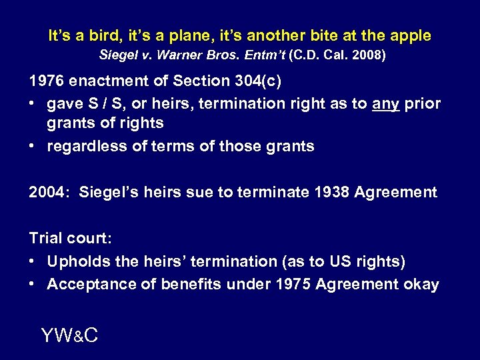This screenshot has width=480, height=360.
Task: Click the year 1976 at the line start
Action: point(45,82)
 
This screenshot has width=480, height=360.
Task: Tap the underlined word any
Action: point(386,104)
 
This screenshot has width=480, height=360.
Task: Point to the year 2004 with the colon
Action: point(49,193)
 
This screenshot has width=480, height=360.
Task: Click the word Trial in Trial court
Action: point(47,239)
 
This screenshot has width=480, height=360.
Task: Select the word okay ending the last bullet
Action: point(421,284)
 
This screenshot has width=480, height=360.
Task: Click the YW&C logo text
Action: point(69,335)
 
